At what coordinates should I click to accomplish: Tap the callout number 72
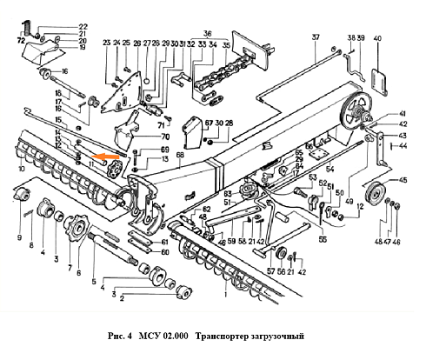pyautogui.click(x=20, y=41)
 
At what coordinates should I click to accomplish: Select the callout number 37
pyautogui.click(x=316, y=37)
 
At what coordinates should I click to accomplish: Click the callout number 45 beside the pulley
pyautogui.click(x=402, y=180)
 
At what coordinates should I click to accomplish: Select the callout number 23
pyautogui.click(x=106, y=43)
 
